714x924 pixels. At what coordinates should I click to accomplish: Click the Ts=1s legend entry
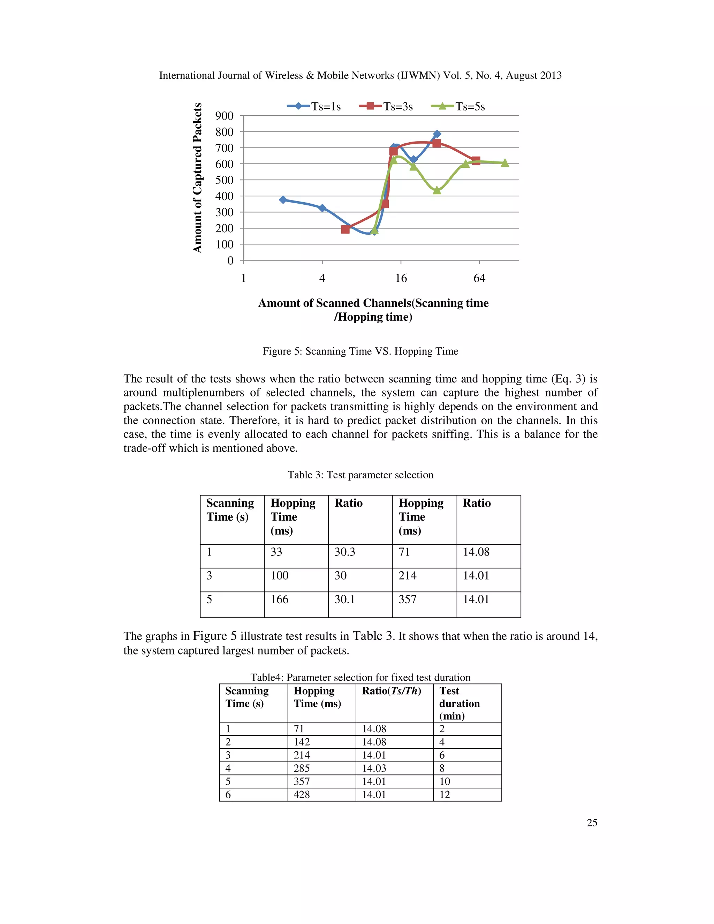pos(314,107)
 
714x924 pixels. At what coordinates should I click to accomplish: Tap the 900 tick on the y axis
pos(224,116)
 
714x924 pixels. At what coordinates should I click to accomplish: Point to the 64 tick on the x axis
pos(479,278)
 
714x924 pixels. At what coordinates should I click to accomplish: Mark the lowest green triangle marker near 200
pos(374,230)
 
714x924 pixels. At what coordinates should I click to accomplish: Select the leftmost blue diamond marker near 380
pos(283,200)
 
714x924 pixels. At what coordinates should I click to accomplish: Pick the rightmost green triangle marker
pos(504,163)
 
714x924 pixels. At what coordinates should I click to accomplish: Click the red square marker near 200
pos(345,229)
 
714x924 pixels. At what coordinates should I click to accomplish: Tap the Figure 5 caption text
pos(360,351)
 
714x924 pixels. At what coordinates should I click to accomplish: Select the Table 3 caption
pos(360,475)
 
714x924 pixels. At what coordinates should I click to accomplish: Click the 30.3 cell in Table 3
pos(345,552)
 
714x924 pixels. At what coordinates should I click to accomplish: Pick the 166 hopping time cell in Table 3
pos(280,599)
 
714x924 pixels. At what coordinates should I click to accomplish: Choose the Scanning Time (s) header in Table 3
pos(230,510)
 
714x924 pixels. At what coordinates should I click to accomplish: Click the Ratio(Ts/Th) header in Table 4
pos(391,691)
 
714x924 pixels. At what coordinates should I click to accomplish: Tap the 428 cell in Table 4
pos(302,795)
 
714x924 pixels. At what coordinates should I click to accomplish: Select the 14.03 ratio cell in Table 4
pos(374,768)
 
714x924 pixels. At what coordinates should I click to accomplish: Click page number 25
pos(592,823)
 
